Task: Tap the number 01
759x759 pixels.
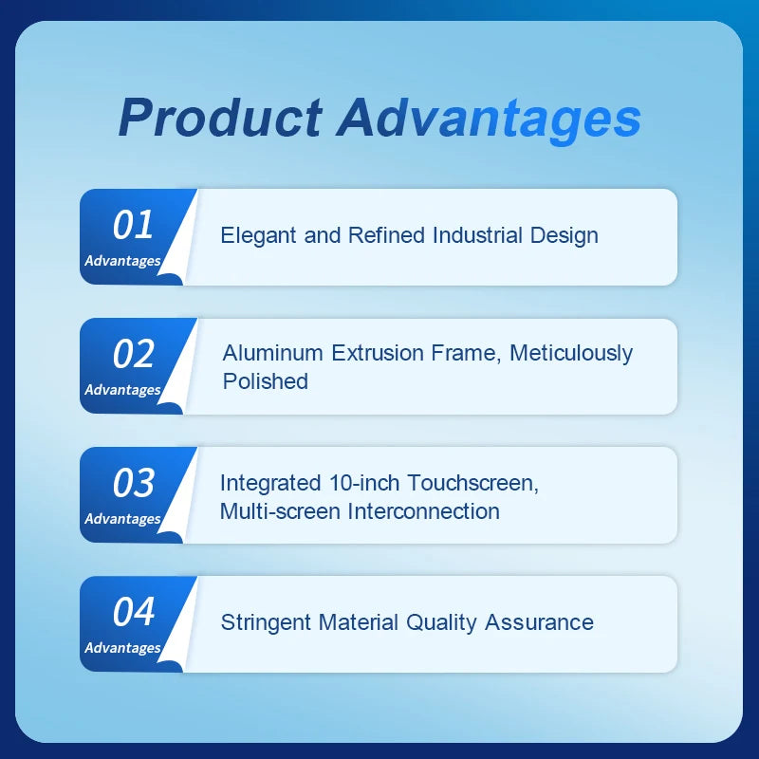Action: tap(133, 225)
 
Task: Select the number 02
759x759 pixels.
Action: tap(133, 354)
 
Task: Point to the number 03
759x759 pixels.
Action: tap(133, 483)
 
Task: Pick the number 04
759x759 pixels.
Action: tap(133, 612)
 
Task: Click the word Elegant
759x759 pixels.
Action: tap(259, 235)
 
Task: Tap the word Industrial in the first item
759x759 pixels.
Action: tap(477, 235)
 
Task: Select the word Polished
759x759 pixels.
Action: tap(266, 381)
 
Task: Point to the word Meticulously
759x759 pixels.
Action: tap(571, 353)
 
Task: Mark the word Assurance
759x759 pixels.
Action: tap(539, 622)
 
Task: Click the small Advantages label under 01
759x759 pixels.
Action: tap(122, 261)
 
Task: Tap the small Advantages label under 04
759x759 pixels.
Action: tap(122, 648)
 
